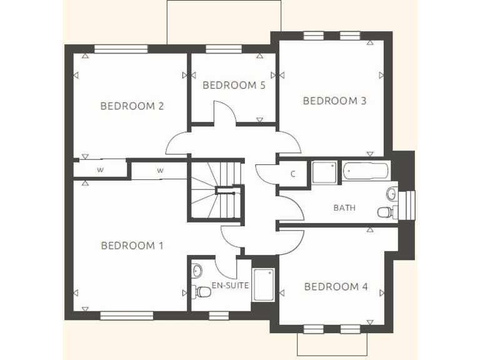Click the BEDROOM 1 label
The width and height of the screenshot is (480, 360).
click(132, 246)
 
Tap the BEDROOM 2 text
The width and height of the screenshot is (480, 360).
click(132, 106)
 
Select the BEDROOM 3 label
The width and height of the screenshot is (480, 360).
click(334, 100)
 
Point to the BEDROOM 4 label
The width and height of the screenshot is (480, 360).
click(336, 287)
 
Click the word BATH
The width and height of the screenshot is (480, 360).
click(344, 207)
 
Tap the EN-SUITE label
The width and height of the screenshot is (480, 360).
click(230, 286)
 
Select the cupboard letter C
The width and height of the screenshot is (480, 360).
click(292, 174)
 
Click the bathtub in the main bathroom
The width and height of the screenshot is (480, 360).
click(365, 171)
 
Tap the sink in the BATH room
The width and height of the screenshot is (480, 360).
click(391, 193)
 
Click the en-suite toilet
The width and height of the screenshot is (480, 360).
click(202, 291)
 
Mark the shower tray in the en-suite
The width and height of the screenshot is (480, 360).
click(263, 285)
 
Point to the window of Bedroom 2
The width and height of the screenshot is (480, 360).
click(121, 49)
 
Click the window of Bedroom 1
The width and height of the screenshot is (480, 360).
click(126, 316)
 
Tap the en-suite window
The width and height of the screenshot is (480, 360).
click(218, 316)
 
